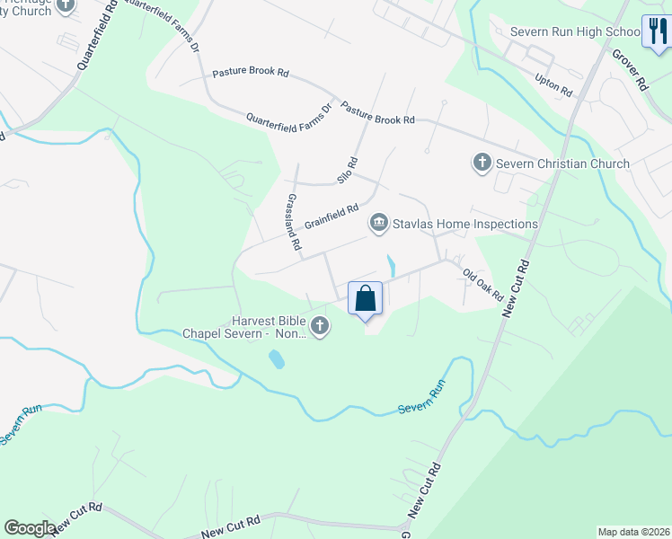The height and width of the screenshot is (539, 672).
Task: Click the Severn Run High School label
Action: pos(575,31)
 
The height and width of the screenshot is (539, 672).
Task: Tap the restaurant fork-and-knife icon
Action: pos(655,32)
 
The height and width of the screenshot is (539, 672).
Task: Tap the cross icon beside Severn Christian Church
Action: pos(482,163)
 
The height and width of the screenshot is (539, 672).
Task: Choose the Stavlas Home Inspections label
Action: pos(464,224)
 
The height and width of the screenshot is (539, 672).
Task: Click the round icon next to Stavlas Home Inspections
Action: pos(379,223)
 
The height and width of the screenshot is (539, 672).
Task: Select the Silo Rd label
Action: pos(348,171)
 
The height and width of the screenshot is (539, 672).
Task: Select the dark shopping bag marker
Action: pos(366,299)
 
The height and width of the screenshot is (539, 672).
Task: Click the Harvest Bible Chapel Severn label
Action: pos(243,327)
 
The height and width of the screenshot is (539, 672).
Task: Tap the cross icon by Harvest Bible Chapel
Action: pos(318,326)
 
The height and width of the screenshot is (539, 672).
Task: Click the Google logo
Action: pos(30,528)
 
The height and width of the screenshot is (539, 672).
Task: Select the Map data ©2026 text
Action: pos(633,532)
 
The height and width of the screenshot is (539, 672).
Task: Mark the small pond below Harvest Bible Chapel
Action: pos(277,359)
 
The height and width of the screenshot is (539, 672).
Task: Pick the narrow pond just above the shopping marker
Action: pos(391,266)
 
